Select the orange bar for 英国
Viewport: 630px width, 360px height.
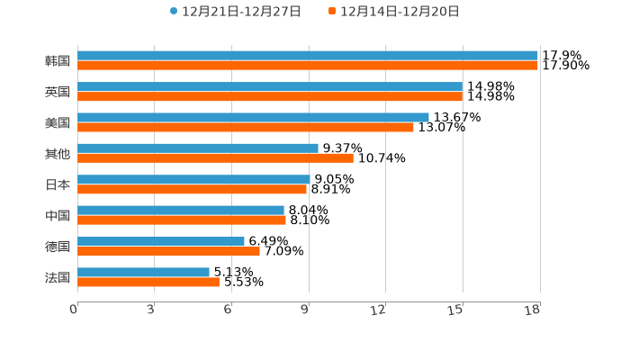(270, 96)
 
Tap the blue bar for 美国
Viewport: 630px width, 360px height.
(253, 117)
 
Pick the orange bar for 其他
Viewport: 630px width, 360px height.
(215, 158)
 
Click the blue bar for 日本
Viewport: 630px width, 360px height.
(193, 179)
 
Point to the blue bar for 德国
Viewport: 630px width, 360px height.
(161, 241)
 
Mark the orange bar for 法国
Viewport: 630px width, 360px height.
(148, 283)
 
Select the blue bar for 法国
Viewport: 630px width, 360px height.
(143, 272)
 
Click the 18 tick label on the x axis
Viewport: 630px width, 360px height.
(533, 310)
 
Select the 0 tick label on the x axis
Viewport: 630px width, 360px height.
(74, 310)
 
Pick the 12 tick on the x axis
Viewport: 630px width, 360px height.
(380, 310)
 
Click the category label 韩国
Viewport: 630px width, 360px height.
(58, 61)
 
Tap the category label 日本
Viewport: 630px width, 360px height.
(58, 184)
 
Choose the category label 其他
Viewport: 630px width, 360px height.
(58, 154)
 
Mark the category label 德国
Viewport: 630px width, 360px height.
(58, 247)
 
